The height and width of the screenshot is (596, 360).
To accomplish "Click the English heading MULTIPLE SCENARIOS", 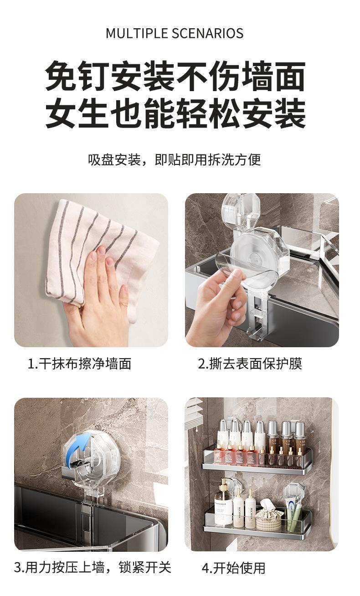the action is (175, 33).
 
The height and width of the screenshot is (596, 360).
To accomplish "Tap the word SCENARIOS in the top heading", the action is (207, 33).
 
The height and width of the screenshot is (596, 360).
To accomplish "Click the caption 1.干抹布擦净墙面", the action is (80, 364).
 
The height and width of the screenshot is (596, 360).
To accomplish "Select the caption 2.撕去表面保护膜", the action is (250, 364).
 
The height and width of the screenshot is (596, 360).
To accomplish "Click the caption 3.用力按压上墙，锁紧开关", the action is (93, 567).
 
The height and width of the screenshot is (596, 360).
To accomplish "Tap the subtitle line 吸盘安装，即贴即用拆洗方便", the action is (175, 159).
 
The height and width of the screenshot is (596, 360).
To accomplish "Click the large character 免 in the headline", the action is (61, 76).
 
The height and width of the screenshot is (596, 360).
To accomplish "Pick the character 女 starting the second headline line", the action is (61, 113).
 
